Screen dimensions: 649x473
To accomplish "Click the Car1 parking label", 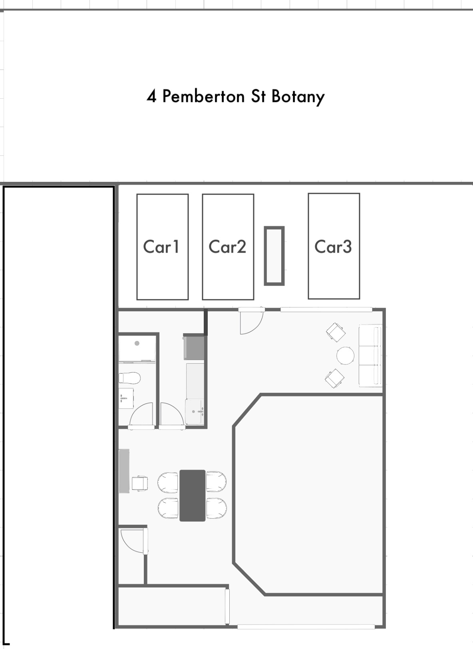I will click(x=161, y=247).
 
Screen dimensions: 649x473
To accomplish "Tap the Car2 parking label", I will click(x=227, y=247).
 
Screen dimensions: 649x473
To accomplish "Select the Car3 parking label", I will click(x=333, y=247).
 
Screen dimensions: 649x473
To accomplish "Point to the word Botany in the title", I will click(x=298, y=97).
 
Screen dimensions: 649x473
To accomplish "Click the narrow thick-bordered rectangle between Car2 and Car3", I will click(x=274, y=256).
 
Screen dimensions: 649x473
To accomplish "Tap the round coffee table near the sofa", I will click(x=345, y=355).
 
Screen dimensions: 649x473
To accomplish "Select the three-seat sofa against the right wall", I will click(x=370, y=355).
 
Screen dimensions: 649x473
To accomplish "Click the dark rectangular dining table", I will click(x=192, y=495).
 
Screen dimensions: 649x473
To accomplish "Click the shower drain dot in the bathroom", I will click(x=137, y=343).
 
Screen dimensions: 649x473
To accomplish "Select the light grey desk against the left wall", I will click(x=124, y=471).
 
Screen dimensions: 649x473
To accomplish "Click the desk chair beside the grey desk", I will click(x=140, y=483).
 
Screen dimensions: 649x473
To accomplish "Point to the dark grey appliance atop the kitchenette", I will click(x=194, y=348).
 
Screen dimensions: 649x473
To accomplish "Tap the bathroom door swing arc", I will click(x=142, y=416).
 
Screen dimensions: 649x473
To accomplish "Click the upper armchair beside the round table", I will click(x=336, y=332).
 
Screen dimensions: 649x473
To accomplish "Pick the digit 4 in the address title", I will click(x=151, y=97).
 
